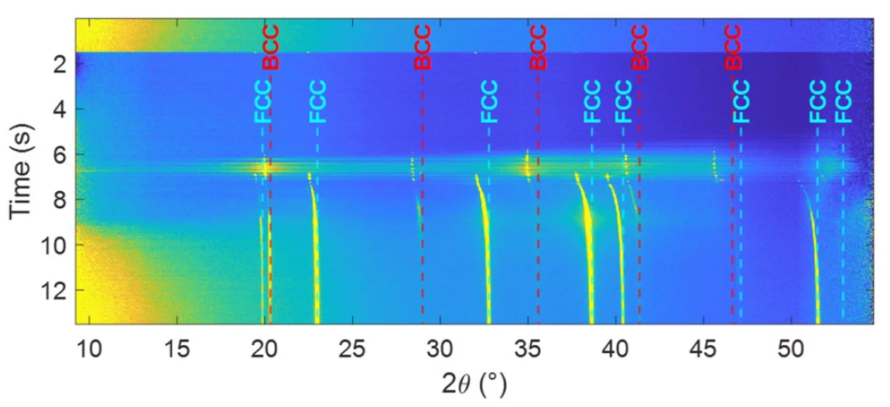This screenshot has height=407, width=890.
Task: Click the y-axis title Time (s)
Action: (x=22, y=174)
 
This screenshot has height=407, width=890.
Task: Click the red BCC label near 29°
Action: (x=422, y=47)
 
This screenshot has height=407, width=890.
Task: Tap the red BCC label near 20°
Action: (x=270, y=47)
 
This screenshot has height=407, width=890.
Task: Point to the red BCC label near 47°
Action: (x=733, y=47)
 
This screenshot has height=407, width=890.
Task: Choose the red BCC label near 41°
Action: (x=639, y=47)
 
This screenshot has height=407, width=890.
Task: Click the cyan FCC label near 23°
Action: (x=317, y=101)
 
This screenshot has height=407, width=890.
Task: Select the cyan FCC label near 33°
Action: (x=489, y=101)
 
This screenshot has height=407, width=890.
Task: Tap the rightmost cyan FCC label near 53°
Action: (x=843, y=101)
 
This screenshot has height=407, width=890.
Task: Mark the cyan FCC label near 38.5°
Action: (x=592, y=101)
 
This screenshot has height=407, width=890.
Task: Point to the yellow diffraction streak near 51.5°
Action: (x=816, y=271)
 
